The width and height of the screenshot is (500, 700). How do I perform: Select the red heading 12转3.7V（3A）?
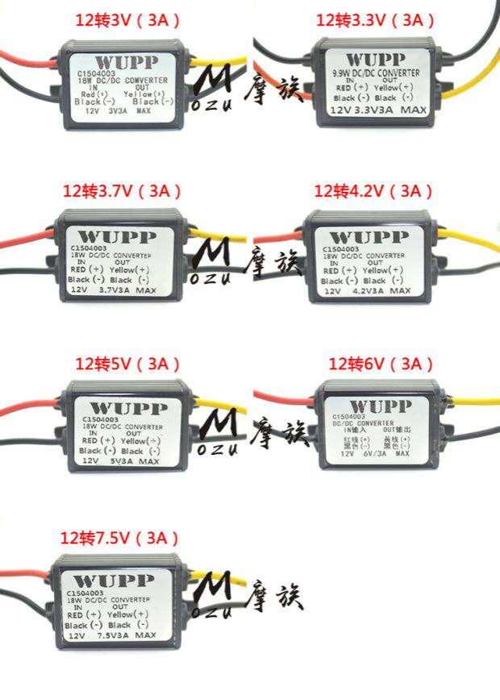123,191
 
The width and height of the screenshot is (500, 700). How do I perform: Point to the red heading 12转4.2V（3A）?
374,191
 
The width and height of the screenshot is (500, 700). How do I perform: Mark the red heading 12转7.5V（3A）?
119,538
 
